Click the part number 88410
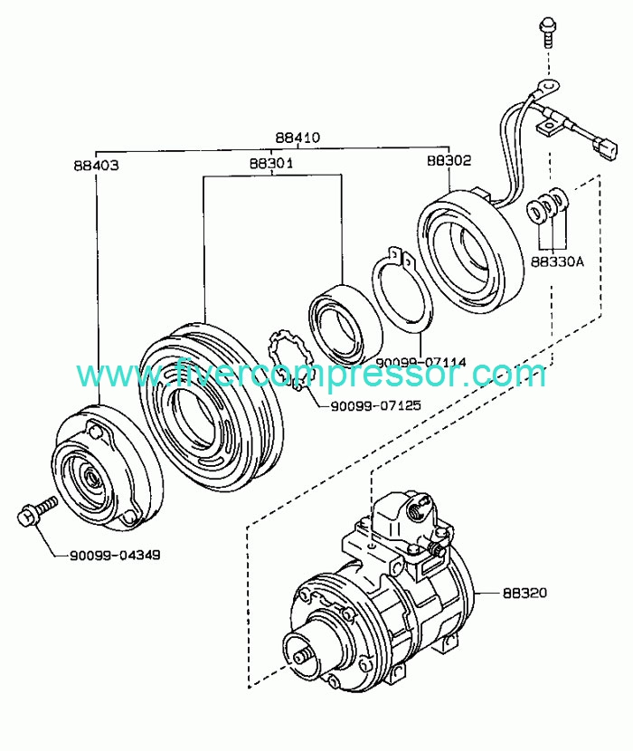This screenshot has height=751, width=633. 298,138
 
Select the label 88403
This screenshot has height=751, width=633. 97,166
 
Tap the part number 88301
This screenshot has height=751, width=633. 270,163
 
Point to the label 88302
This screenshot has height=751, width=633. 449,161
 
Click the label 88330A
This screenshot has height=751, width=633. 557,262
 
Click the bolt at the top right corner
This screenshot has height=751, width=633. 546,29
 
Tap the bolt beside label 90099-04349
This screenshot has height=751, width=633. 34,511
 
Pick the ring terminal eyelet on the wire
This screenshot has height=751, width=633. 543,89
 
